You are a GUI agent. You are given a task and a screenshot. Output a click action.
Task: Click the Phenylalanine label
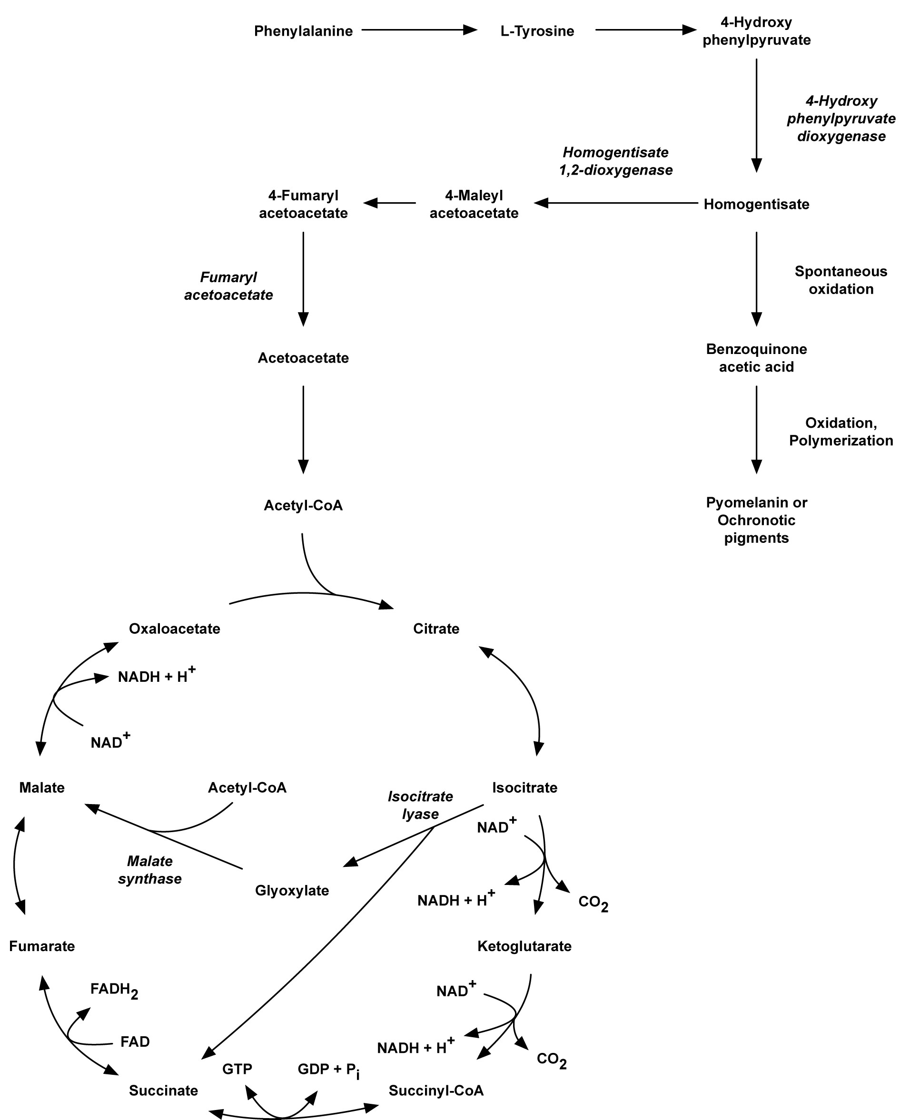click(303, 31)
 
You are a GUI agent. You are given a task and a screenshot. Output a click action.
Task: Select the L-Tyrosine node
click(537, 31)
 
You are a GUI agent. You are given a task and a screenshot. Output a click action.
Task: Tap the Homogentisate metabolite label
click(756, 204)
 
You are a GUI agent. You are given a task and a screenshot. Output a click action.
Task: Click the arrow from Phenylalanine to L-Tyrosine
click(418, 30)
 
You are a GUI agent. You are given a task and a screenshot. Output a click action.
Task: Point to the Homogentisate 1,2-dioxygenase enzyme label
click(615, 161)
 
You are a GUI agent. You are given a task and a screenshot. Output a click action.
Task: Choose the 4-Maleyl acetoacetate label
click(474, 204)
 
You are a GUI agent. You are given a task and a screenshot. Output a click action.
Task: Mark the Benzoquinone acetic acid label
click(756, 358)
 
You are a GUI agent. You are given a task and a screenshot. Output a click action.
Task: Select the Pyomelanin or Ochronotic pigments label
click(756, 520)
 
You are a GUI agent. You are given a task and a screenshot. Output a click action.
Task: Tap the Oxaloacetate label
click(174, 629)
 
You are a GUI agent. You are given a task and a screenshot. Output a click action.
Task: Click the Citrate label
click(436, 629)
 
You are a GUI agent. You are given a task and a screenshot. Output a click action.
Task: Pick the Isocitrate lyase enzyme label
click(420, 805)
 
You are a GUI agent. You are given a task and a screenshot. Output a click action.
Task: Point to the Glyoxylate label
click(292, 890)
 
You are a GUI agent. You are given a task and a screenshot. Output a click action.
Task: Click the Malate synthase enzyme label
click(149, 870)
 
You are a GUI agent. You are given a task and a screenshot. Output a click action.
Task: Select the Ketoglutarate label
click(524, 946)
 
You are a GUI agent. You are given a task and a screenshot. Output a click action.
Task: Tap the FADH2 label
click(114, 990)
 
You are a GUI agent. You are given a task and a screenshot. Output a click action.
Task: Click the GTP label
click(237, 1069)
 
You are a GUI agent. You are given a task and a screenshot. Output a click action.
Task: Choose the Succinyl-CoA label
click(435, 1091)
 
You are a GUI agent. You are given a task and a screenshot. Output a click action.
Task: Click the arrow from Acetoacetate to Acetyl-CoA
click(303, 429)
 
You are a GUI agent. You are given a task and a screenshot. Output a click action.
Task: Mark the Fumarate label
click(41, 946)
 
